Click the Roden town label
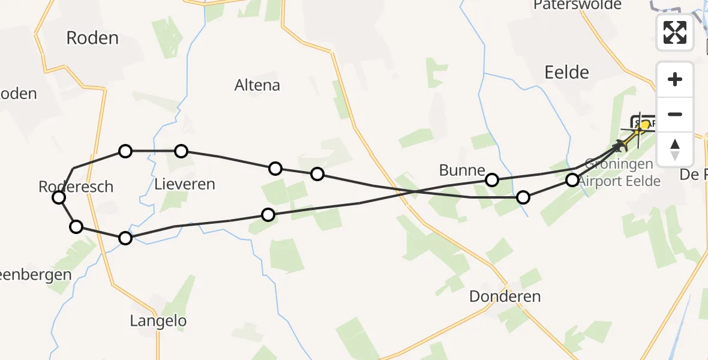(x=92, y=38)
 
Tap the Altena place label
(x=257, y=85)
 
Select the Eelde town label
(x=566, y=73)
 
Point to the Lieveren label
(x=185, y=184)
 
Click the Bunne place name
(x=461, y=170)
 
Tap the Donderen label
(x=505, y=296)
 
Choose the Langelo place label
(x=158, y=321)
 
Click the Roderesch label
(x=76, y=187)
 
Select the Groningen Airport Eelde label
(x=618, y=172)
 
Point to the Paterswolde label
(x=577, y=5)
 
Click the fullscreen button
(x=675, y=32)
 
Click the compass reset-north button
(x=675, y=149)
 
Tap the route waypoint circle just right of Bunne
(x=492, y=179)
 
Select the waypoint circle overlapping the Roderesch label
(x=59, y=197)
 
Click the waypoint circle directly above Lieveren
(x=181, y=151)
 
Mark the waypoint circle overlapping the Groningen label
(x=572, y=179)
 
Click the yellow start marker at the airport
(x=645, y=125)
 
